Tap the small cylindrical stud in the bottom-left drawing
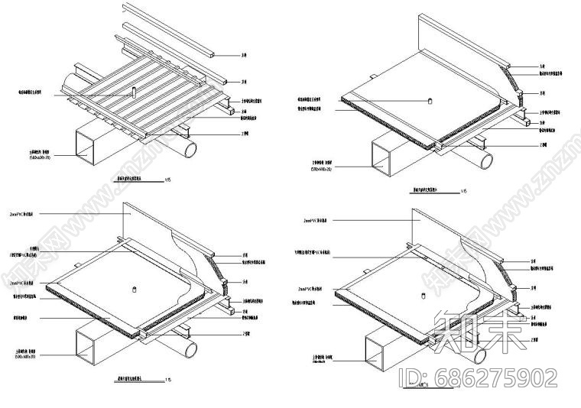coord(134,289)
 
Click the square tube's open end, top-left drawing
coord(86,146)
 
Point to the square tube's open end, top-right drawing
coord(381,158)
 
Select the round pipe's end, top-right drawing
coord(486,160)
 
